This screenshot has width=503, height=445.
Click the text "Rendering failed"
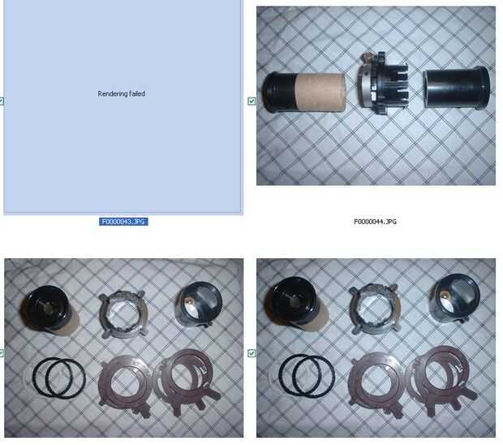click(121, 93)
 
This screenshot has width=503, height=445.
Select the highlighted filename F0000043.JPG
click(123, 222)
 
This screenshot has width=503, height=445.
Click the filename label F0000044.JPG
click(375, 222)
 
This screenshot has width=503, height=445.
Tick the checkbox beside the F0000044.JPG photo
click(251, 102)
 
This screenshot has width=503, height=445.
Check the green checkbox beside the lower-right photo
click(251, 353)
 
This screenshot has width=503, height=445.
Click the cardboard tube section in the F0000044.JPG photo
click(320, 93)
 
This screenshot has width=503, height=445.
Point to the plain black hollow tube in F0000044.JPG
click(457, 88)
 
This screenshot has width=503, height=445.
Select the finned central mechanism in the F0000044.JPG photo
click(383, 84)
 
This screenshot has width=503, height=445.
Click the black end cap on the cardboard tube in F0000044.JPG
click(278, 93)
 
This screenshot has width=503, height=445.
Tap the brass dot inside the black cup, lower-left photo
click(188, 300)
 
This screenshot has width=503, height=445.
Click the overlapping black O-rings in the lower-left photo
click(58, 378)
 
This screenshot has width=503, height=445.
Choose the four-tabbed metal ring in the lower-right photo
click(376, 312)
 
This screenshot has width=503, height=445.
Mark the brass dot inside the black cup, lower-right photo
click(444, 294)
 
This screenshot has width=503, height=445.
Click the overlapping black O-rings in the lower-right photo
click(307, 376)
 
